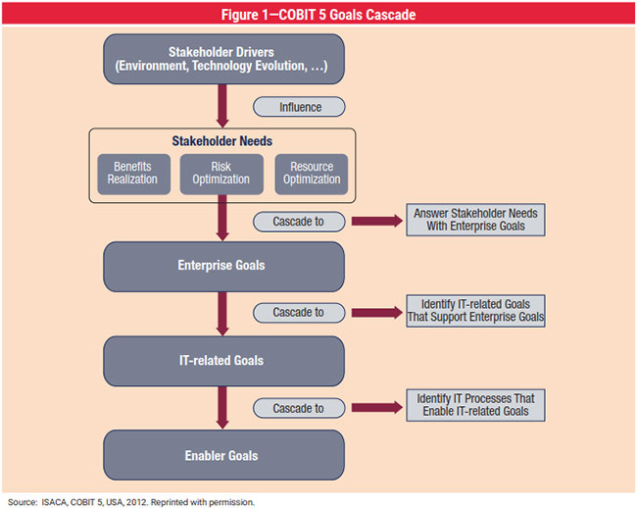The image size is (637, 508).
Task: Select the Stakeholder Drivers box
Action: (x=223, y=59)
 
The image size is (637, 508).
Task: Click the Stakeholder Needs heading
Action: (x=222, y=141)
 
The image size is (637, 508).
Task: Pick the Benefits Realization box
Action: (x=133, y=173)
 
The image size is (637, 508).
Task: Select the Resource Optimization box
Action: (x=312, y=173)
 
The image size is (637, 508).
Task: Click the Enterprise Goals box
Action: (x=223, y=266)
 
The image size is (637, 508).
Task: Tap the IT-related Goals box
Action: (x=223, y=361)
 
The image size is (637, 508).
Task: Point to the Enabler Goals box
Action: (x=223, y=455)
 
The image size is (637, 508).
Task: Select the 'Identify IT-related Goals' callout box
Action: (x=476, y=311)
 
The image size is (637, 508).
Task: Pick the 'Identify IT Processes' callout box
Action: (x=476, y=404)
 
